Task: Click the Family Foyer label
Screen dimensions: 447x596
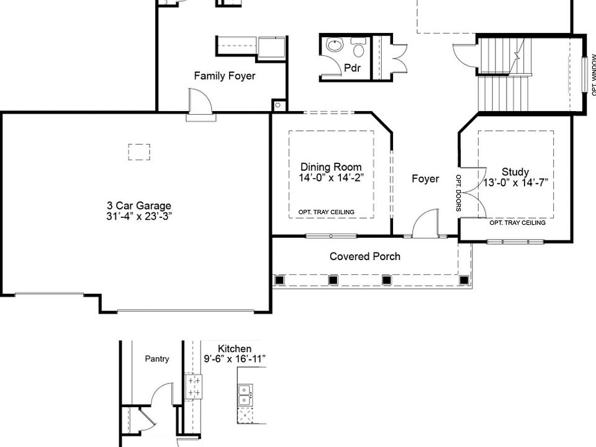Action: tap(224, 76)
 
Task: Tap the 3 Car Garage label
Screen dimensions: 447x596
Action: tap(138, 206)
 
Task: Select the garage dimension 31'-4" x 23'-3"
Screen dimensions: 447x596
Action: tap(138, 217)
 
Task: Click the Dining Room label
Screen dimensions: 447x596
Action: tap(331, 167)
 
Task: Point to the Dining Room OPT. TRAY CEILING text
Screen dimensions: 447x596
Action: tap(327, 212)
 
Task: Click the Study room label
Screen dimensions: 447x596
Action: tap(515, 172)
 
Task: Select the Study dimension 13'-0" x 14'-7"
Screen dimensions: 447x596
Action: tap(515, 183)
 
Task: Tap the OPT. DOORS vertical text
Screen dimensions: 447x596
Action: tap(459, 192)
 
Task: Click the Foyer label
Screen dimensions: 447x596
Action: tap(425, 179)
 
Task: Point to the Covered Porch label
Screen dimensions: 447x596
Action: tap(365, 256)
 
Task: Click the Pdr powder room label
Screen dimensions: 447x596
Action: tap(353, 68)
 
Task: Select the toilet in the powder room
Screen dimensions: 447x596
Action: tap(359, 47)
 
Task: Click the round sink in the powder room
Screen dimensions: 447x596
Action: tap(335, 46)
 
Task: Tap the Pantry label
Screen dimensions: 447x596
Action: tap(156, 359)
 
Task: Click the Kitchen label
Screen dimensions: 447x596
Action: tap(235, 349)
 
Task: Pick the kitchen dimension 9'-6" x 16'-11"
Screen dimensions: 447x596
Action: tap(235, 359)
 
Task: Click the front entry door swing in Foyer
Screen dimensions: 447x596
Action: tap(425, 223)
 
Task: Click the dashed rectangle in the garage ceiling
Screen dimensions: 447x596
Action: tap(139, 152)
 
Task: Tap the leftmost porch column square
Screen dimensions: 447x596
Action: tap(279, 281)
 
